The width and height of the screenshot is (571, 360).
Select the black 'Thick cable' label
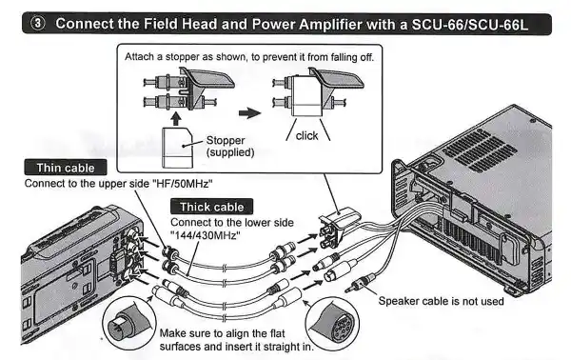(210, 206)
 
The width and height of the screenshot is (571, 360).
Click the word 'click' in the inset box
(307, 135)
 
